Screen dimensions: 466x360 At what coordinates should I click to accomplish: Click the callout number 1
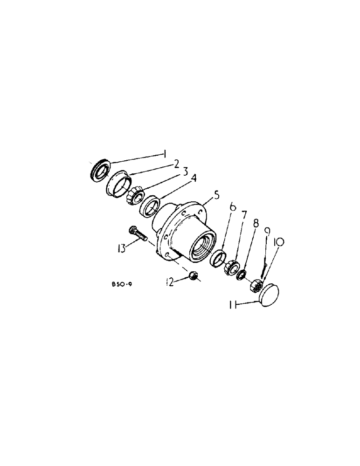164,153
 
